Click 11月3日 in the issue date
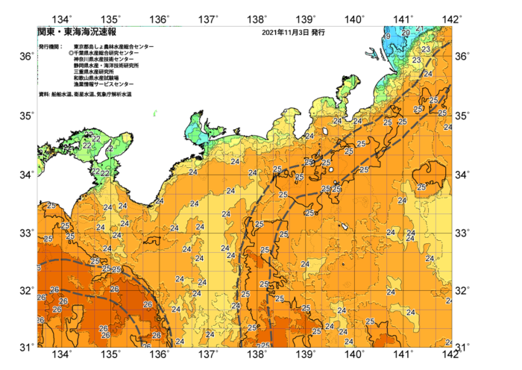297,33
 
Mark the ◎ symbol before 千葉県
71,54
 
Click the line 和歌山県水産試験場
96,78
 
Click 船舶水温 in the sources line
61,95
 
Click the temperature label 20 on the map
406,33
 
